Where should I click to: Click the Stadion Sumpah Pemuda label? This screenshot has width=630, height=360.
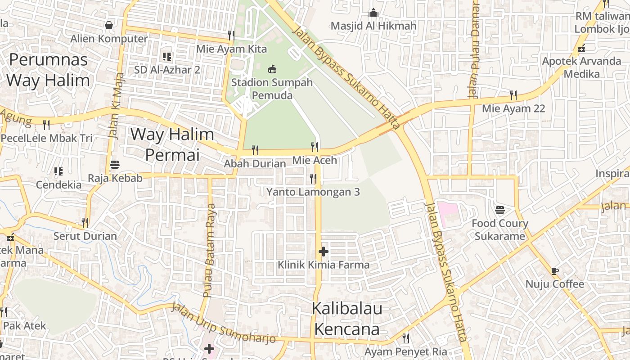pos(272,89)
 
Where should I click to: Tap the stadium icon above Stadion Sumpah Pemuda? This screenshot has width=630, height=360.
pos(272,69)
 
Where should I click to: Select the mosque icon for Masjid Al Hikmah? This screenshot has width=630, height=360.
pos(373,13)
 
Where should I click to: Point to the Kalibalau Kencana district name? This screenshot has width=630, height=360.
pos(347,319)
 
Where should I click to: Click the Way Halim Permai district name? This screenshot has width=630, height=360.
pos(172,144)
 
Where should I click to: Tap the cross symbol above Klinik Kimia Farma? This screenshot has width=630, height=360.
pos(323,252)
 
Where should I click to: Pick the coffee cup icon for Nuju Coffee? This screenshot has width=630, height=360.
pos(554,271)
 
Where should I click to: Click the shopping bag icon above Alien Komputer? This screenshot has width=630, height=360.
pos(109,25)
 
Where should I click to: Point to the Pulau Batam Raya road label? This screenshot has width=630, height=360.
pos(209,250)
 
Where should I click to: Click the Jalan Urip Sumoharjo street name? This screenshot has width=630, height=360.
pos(223,324)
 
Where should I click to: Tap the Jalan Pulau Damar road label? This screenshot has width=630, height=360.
pos(474,49)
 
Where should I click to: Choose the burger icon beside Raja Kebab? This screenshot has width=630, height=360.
pos(115,165)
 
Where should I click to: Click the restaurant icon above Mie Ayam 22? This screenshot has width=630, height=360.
pos(513,95)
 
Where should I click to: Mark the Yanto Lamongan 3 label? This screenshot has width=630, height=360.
pos(313,192)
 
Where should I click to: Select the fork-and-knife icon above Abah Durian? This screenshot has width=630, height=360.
pos(255,150)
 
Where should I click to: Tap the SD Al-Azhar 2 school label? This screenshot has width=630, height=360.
pos(167,70)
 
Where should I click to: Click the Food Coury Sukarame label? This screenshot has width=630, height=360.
pos(500,229)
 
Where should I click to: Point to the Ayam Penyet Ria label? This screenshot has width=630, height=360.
pos(405,351)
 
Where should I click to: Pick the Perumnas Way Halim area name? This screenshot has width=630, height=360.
pos(48,70)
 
